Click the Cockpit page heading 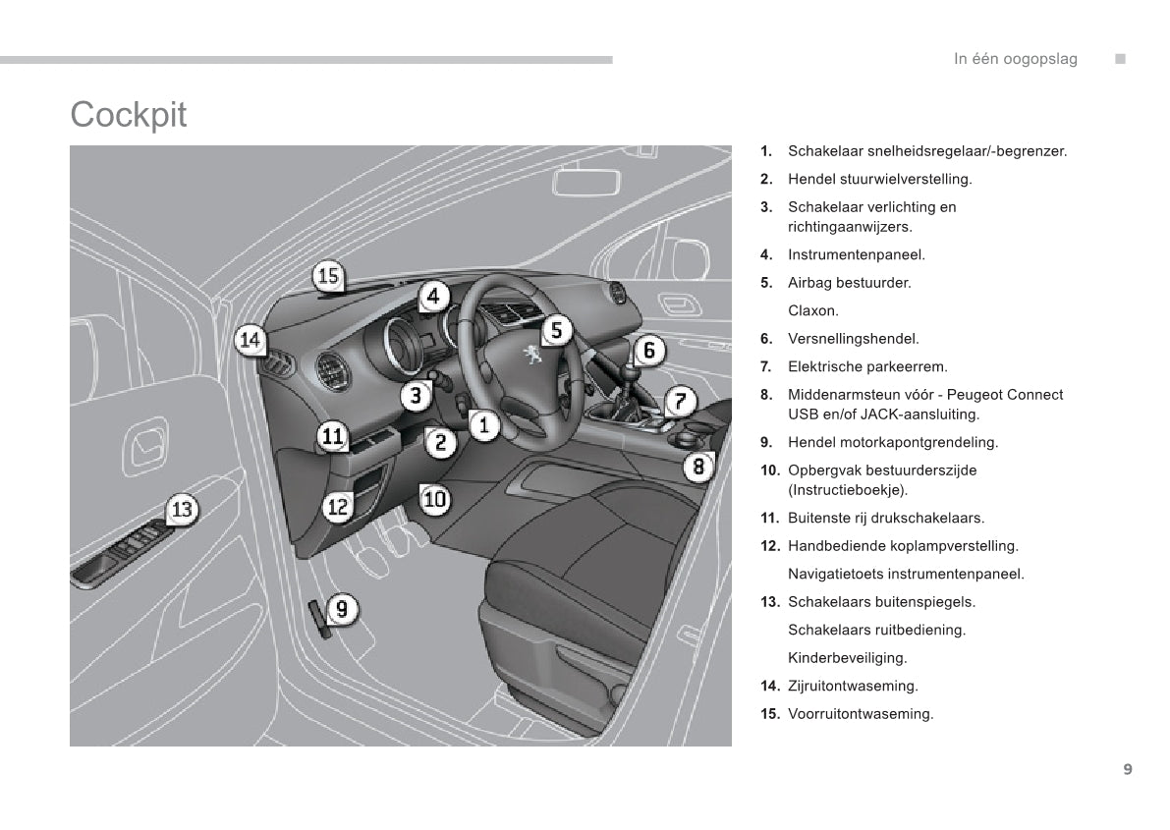128,115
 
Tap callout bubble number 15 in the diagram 328,277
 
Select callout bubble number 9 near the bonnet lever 341,609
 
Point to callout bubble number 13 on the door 182,510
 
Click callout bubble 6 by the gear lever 648,350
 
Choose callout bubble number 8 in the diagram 698,466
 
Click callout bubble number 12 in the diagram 338,507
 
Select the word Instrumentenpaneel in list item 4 856,254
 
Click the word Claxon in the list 812,310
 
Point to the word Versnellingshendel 853,339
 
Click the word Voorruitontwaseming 860,714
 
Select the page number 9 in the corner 1127,769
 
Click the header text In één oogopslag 1015,59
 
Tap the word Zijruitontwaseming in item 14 853,686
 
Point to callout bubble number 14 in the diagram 251,341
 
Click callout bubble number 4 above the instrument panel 432,296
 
